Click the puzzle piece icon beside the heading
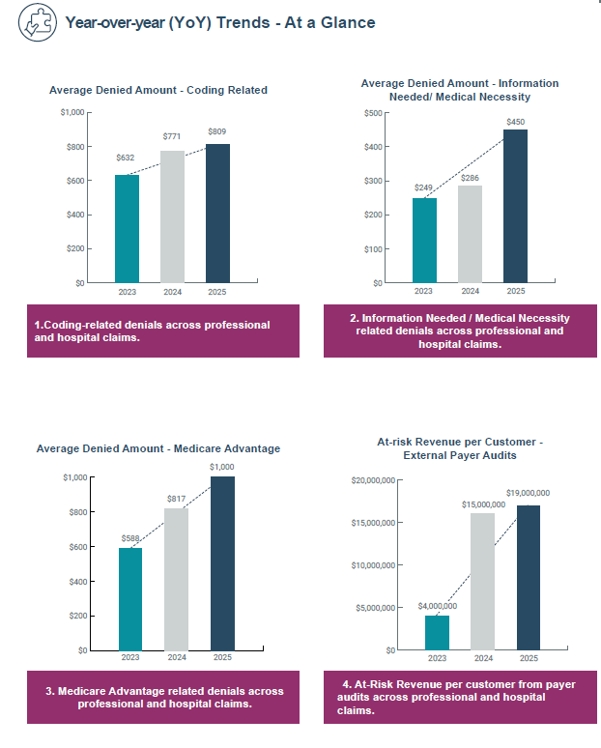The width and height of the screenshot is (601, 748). [x=36, y=22]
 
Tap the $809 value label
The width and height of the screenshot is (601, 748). [x=218, y=131]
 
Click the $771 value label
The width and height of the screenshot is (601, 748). [x=172, y=138]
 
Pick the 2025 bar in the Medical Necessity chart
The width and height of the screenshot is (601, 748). [x=516, y=206]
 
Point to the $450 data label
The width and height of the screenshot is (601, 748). [x=516, y=122]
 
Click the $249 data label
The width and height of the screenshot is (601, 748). [x=423, y=187]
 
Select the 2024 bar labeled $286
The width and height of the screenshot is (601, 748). [x=470, y=234]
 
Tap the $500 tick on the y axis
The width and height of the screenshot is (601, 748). [x=371, y=113]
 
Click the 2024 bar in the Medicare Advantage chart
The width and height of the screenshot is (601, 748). [x=176, y=579]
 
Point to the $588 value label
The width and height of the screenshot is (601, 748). [x=130, y=538]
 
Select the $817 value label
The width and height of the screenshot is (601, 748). [x=176, y=499]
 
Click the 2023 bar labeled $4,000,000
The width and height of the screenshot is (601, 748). [x=437, y=632]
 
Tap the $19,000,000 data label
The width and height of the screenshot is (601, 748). [x=528, y=493]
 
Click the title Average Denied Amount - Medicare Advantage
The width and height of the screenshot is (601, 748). [x=158, y=448]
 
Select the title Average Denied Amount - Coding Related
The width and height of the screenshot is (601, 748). [x=158, y=90]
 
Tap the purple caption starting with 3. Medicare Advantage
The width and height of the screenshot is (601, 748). [x=163, y=697]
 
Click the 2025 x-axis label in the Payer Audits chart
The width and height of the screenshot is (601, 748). [x=529, y=658]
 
